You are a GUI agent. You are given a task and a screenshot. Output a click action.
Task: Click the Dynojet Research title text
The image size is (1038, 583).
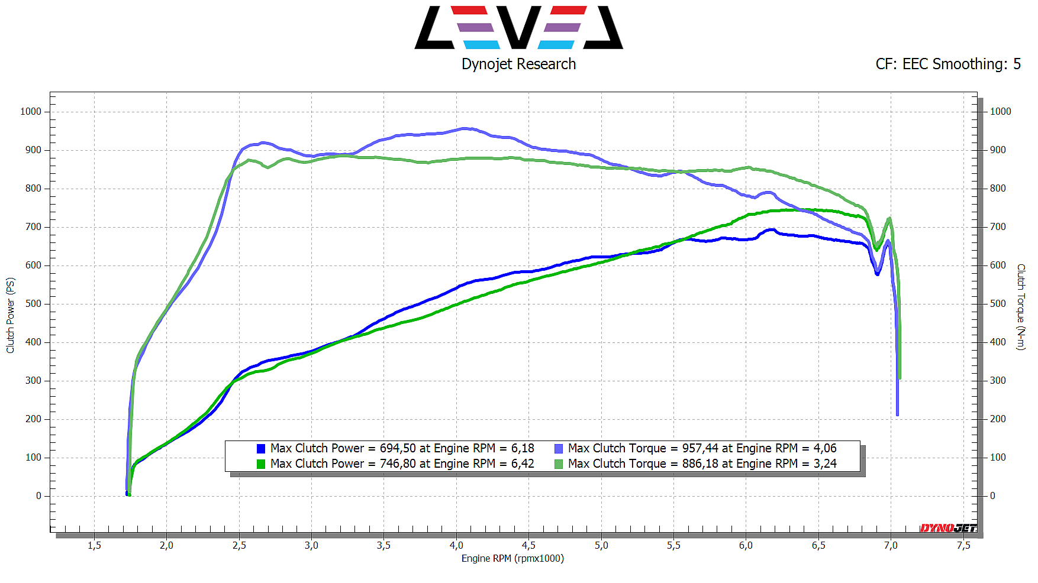[518, 64]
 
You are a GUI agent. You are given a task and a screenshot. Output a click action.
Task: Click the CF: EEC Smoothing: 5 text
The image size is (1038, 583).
[948, 64]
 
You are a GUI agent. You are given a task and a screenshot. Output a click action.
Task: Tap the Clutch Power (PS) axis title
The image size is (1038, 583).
[10, 315]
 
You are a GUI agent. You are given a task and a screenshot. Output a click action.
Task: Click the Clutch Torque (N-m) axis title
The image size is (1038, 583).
[1021, 307]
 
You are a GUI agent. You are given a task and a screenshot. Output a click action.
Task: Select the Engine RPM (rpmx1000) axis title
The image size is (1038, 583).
[512, 558]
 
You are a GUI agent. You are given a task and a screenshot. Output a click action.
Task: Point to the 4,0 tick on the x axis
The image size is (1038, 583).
[456, 545]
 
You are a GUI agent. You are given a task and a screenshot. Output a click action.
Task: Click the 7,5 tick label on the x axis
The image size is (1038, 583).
[963, 545]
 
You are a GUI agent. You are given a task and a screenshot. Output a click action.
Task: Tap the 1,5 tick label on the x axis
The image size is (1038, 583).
[94, 545]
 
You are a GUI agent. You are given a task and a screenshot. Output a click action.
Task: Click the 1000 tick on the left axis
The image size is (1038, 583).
[31, 112]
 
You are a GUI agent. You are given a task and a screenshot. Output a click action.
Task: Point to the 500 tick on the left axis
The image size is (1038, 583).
[33, 304]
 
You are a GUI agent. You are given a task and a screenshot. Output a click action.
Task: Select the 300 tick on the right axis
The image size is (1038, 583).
[998, 381]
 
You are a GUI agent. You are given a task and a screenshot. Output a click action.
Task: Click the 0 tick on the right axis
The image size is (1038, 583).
[992, 496]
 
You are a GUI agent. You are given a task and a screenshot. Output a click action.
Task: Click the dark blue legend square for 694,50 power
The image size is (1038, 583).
[261, 449]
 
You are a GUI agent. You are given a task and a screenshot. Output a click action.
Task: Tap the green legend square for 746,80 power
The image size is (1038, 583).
[261, 464]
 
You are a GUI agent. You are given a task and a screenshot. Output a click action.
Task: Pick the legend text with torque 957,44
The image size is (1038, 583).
[702, 448]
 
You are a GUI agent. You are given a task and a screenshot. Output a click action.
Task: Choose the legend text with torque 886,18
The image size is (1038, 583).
[702, 464]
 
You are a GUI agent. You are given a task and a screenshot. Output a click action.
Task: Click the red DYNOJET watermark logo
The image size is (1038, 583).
[948, 528]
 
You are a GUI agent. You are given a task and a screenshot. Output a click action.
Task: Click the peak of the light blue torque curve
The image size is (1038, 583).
[465, 128]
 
